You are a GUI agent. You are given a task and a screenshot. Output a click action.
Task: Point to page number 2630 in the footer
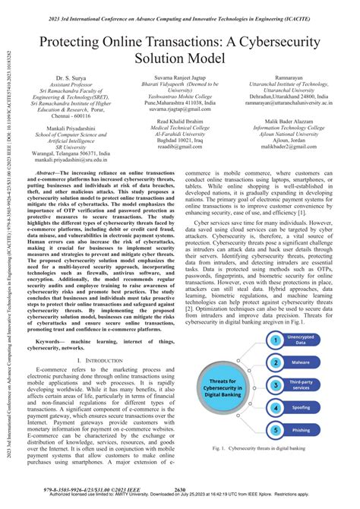(x=180, y=488)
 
